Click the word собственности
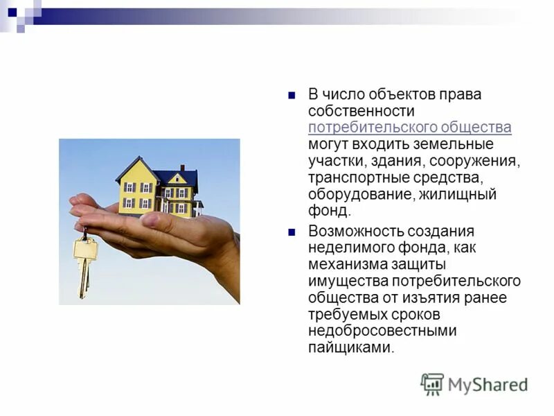361,111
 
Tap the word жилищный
458,194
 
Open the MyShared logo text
487,384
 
